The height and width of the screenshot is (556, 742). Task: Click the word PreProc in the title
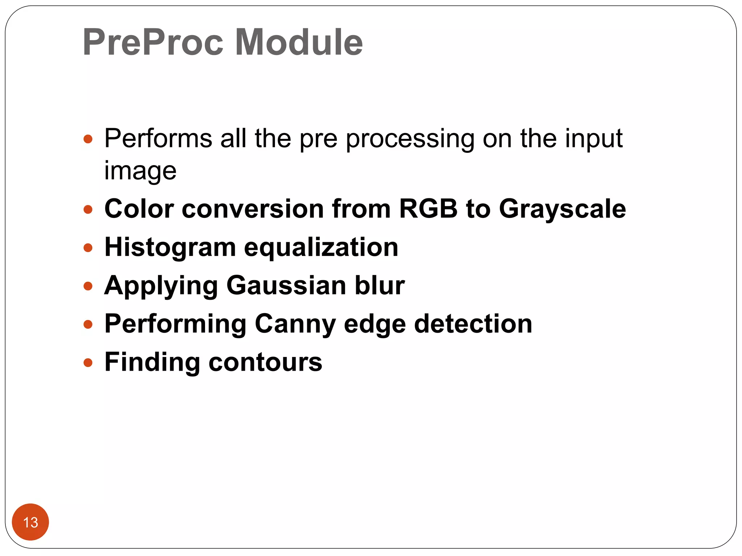click(x=153, y=43)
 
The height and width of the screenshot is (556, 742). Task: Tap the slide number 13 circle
click(x=30, y=522)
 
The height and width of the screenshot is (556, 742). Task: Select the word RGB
click(x=428, y=209)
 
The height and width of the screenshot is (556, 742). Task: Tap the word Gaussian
click(x=286, y=286)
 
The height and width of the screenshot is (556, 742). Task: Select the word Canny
click(x=295, y=325)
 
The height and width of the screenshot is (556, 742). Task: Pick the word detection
click(x=473, y=324)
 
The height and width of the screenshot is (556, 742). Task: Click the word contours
click(x=265, y=362)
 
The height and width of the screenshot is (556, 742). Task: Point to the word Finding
click(x=152, y=363)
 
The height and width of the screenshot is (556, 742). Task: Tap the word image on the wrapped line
click(x=140, y=171)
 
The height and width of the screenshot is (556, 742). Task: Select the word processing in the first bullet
click(x=410, y=139)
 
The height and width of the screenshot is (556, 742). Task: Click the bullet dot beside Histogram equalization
click(x=88, y=248)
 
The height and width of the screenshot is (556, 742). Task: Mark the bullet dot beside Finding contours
click(x=88, y=362)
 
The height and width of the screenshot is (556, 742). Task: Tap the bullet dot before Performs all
click(x=88, y=139)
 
